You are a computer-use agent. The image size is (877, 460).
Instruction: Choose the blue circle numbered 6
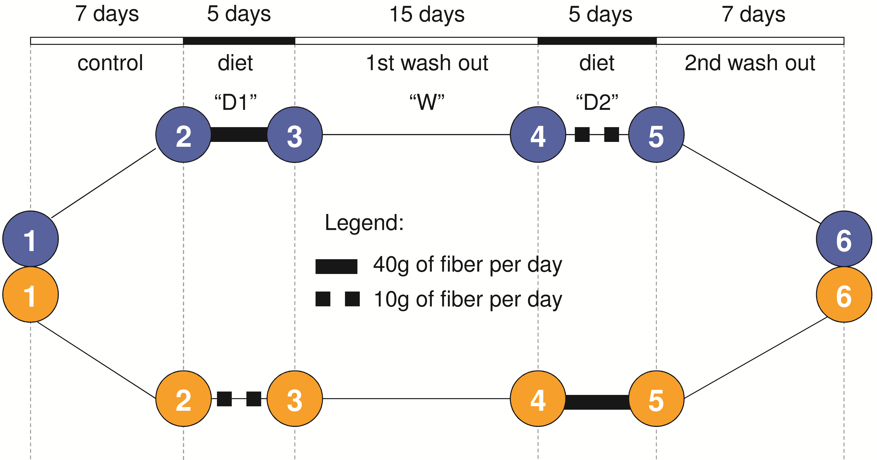coord(844,239)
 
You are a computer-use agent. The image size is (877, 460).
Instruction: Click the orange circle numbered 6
coord(844,295)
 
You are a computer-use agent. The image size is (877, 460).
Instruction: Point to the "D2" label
coord(597,102)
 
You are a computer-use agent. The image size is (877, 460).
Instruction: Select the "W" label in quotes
coord(427,102)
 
